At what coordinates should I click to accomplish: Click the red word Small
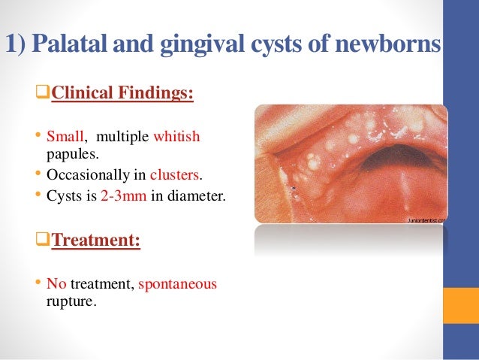(64, 138)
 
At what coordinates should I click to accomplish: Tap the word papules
(66, 155)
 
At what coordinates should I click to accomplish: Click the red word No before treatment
(56, 285)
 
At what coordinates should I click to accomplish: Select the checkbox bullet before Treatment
(44, 244)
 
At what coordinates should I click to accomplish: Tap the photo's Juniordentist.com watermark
(426, 220)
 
